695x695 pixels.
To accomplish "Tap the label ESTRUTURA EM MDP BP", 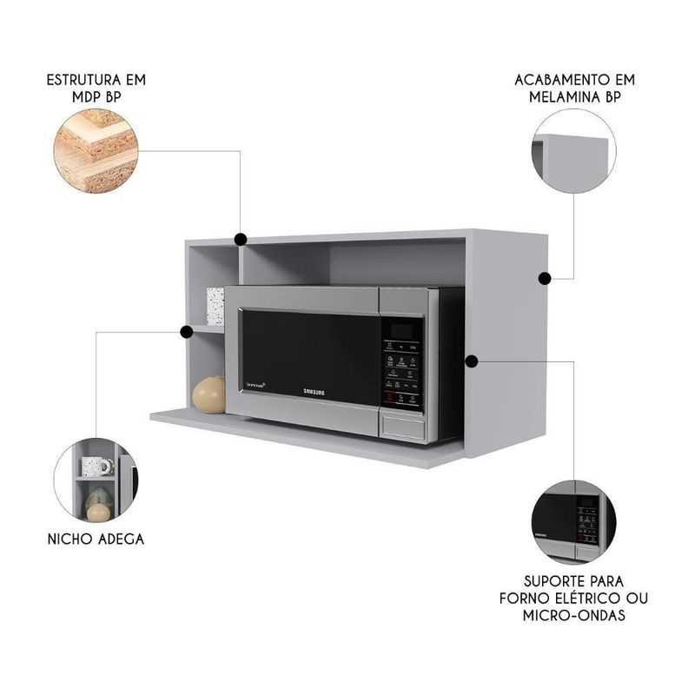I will (96, 88).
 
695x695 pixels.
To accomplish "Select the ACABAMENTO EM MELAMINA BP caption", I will (574, 88).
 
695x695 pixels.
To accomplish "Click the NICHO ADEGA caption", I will (96, 539).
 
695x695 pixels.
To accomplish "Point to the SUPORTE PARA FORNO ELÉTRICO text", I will (573, 598).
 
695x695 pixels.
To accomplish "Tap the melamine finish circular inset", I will (574, 151).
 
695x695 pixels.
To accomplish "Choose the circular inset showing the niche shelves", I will (96, 480).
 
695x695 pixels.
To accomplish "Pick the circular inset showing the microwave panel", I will (574, 520).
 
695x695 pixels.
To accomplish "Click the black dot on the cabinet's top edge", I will (240, 238).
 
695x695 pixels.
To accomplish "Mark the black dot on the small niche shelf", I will (186, 331).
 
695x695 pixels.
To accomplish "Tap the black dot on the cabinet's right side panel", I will (545, 279).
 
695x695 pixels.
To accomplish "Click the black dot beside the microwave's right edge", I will (472, 359).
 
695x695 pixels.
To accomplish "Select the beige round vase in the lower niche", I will (208, 395).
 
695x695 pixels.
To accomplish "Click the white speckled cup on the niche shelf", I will (215, 306).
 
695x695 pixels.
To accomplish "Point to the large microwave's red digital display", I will (402, 330).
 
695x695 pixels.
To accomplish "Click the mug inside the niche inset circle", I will (95, 467).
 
